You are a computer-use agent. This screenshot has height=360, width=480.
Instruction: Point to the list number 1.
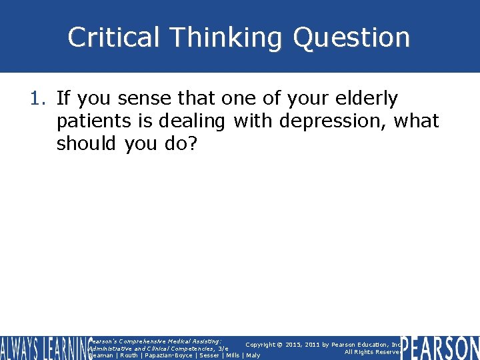tap(37, 99)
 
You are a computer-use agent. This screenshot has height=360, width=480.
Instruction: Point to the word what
tap(417, 121)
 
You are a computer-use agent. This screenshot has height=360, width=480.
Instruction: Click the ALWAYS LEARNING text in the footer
tap(43, 348)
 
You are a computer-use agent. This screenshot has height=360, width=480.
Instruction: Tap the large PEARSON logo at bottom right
tap(440, 348)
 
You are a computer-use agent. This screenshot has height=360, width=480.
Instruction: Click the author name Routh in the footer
tap(129, 355)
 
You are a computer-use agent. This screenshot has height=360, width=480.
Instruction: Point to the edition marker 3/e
tap(222, 348)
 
